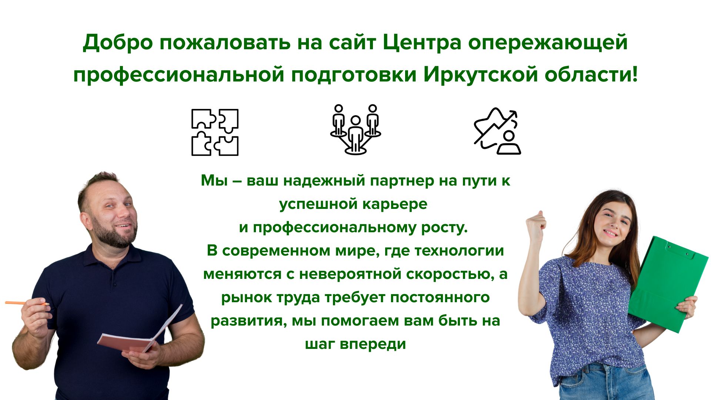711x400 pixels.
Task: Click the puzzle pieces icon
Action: coord(215,132)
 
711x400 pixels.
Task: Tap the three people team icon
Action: coord(355,129)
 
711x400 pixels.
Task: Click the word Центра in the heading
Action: coord(422,42)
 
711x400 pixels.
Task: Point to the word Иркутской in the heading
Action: coord(481,74)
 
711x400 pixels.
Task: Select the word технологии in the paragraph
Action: coord(459,251)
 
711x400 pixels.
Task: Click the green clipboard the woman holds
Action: coord(668,283)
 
